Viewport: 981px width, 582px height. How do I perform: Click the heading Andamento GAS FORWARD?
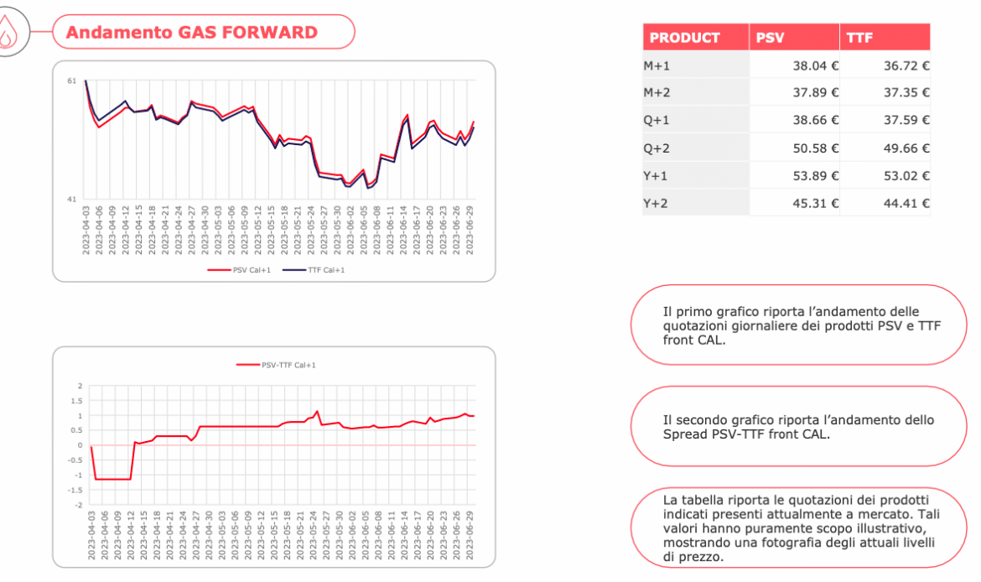click(x=191, y=33)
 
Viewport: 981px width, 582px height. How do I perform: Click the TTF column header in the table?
click(x=859, y=38)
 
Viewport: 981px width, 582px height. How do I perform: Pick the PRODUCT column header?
click(x=684, y=38)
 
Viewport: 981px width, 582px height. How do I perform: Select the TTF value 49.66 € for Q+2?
click(x=906, y=148)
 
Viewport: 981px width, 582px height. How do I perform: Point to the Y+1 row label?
click(x=656, y=176)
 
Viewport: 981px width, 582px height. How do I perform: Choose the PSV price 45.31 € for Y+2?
click(x=816, y=203)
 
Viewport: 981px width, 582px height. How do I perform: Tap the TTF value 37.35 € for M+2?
click(x=906, y=92)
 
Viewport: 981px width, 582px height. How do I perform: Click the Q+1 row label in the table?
click(x=656, y=120)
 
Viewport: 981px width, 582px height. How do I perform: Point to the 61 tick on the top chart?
click(x=72, y=81)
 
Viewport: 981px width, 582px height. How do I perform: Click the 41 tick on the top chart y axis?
click(x=72, y=200)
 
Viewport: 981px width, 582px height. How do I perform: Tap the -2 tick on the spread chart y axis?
click(x=79, y=506)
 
